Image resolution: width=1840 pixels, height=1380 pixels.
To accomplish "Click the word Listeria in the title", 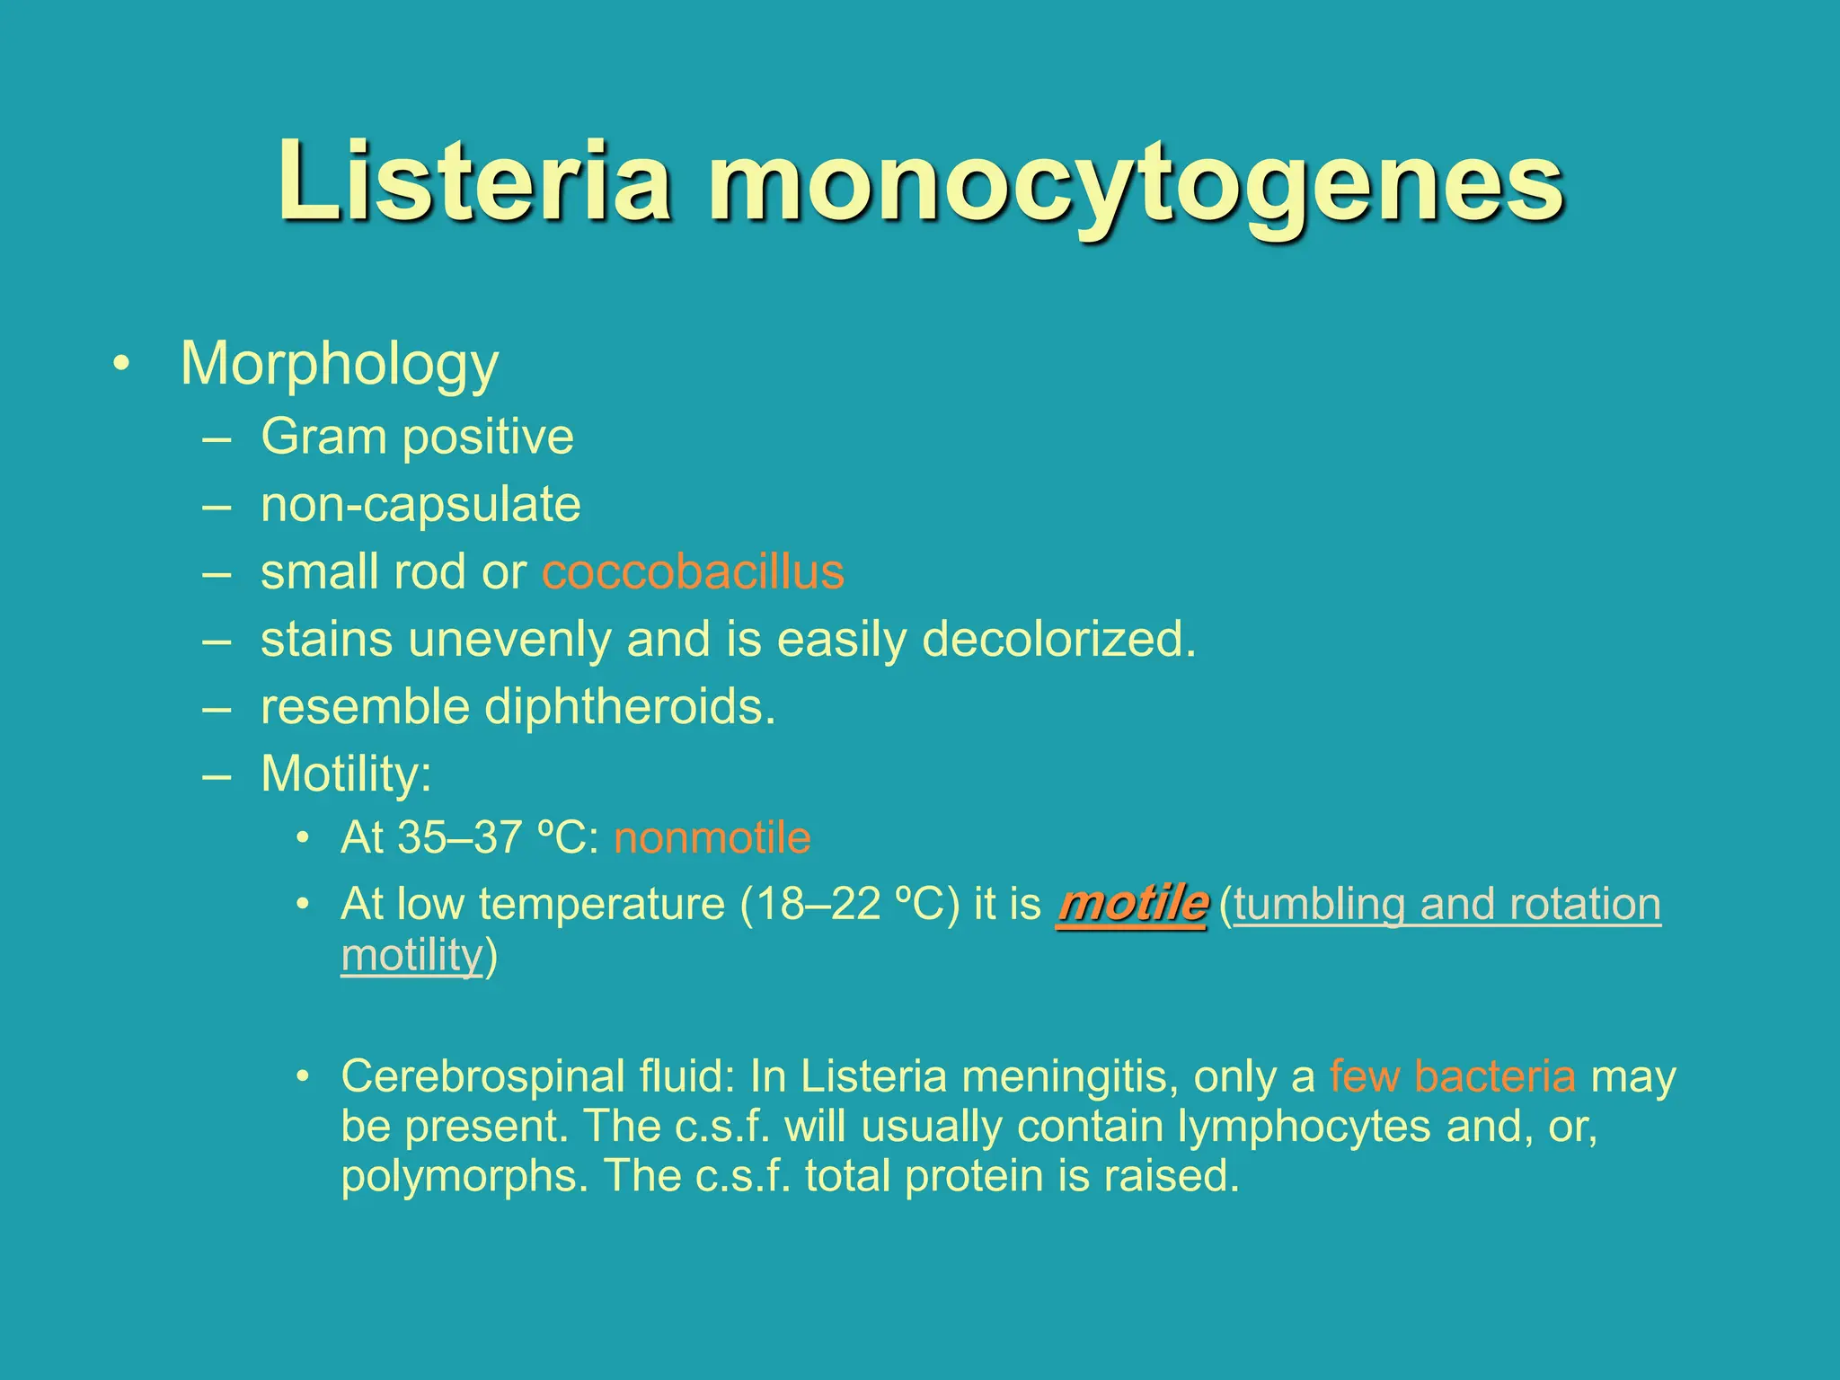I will (474, 181).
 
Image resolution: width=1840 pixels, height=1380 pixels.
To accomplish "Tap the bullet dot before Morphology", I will (121, 365).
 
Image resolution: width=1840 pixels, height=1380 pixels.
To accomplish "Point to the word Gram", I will (323, 438).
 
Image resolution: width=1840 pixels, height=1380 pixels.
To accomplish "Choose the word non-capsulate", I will (420, 505).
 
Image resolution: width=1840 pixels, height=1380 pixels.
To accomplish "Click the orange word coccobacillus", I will (693, 572).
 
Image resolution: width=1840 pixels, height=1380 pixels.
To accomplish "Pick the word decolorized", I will (1060, 641).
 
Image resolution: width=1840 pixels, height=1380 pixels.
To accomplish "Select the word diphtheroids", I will (629, 708).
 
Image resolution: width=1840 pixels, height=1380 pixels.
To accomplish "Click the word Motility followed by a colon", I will (345, 774).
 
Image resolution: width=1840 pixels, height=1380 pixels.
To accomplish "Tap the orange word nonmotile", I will (712, 838).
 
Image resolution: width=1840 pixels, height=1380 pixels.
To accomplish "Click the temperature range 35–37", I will (461, 838).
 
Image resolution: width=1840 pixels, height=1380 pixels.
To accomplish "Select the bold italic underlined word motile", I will (1132, 904).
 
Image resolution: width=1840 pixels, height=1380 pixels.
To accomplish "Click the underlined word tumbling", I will (1319, 905).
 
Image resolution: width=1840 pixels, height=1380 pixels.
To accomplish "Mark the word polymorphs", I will (465, 1177).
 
